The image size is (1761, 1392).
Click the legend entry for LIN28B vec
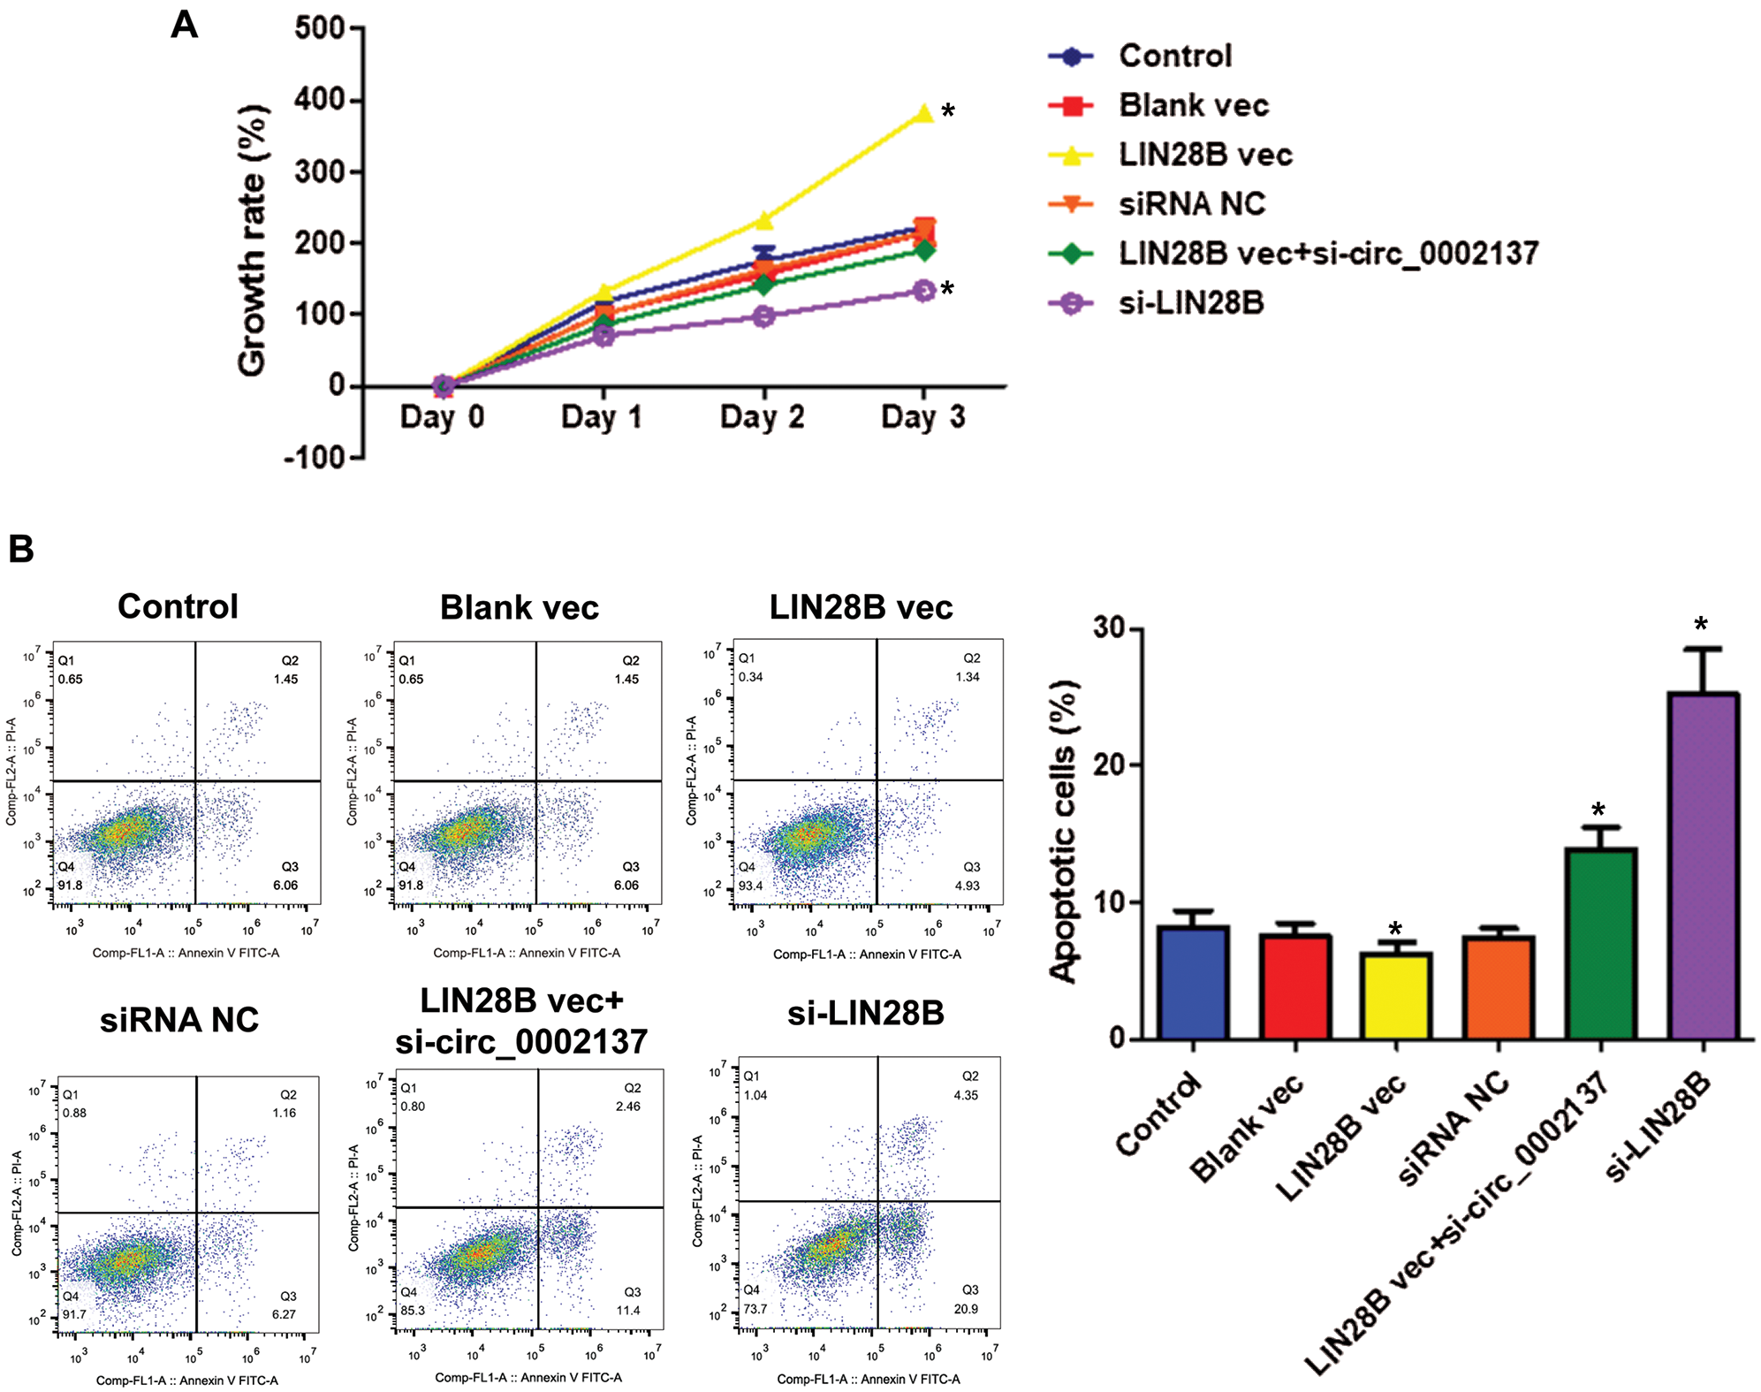(1204, 155)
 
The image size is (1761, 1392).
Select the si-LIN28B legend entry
(1190, 303)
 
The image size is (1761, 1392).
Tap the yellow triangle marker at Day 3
(923, 114)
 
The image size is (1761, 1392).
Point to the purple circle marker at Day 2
(764, 316)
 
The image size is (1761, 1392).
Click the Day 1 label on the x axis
(601, 416)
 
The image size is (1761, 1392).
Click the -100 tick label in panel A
(314, 458)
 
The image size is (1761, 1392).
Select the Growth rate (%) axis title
(253, 240)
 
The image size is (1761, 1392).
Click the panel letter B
(20, 549)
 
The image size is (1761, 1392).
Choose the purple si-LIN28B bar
(1703, 866)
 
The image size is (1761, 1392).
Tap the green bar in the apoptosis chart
(1600, 943)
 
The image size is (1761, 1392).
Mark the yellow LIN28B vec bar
(1396, 996)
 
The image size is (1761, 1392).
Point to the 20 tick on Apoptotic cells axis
(1110, 765)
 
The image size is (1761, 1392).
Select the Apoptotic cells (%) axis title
(1064, 832)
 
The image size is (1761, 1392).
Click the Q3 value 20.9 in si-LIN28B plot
(966, 1309)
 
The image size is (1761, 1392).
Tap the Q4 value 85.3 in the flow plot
(413, 1311)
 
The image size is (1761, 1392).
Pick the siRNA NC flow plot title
(179, 1020)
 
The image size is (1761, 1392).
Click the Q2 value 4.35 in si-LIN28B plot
(966, 1095)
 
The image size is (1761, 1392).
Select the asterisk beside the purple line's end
(947, 289)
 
